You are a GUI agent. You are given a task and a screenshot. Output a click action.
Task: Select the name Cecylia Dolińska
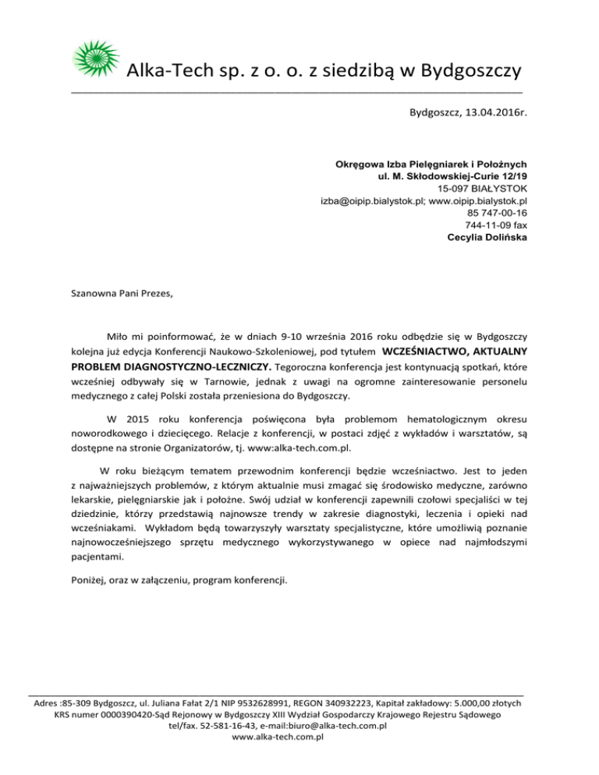pyautogui.click(x=487, y=237)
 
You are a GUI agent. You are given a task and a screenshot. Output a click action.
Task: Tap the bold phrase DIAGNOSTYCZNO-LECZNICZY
pyautogui.click(x=197, y=366)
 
